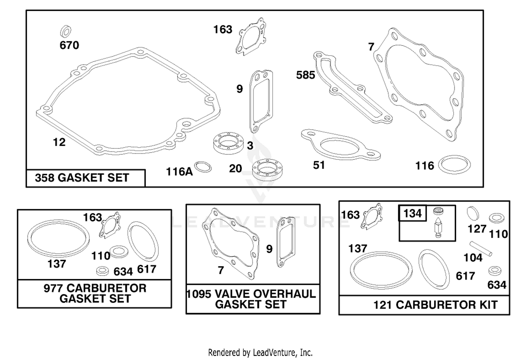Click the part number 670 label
[69, 45]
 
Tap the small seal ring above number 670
[66, 31]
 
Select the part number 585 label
[305, 75]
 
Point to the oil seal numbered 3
[229, 143]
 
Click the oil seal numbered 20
[267, 170]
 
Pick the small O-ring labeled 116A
[203, 167]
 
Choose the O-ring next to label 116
[454, 164]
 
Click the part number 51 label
[319, 165]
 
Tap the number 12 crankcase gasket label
[59, 142]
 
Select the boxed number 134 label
[413, 213]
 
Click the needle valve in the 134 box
[438, 227]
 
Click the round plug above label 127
[473, 213]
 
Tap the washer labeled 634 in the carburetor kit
[495, 271]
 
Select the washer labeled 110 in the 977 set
[119, 252]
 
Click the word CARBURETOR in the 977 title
[107, 288]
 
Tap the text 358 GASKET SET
[82, 178]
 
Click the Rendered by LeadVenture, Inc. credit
[260, 353]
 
